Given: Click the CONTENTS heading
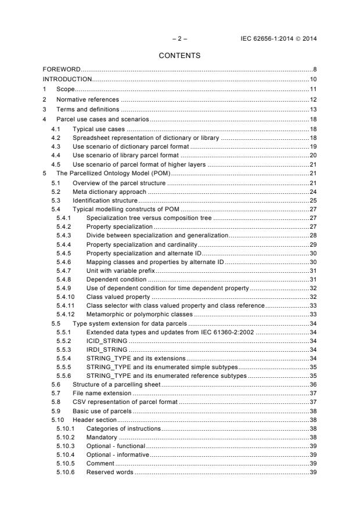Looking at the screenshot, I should pos(179,56).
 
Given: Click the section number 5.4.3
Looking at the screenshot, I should pos(64,235).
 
